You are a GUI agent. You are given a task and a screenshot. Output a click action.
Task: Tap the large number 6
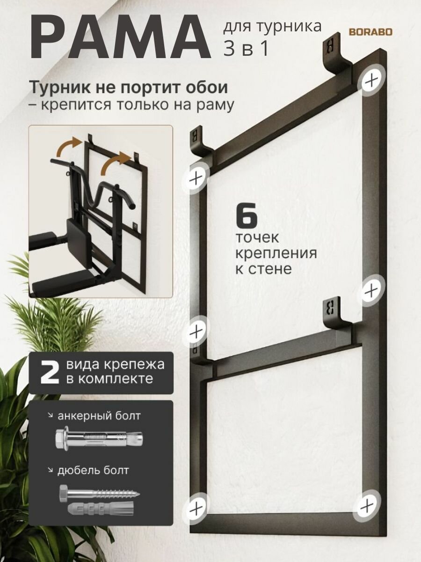pyautogui.click(x=247, y=216)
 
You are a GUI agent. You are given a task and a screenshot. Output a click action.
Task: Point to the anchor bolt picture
pyautogui.click(x=98, y=439)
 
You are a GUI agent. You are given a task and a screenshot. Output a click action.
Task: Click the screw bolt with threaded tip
pyautogui.click(x=99, y=493)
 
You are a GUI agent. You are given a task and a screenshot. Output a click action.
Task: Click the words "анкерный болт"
pyautogui.click(x=99, y=416)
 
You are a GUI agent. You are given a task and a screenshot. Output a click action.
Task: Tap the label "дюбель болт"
pyautogui.click(x=93, y=470)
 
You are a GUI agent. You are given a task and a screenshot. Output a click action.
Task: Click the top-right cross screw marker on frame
pyautogui.click(x=372, y=80)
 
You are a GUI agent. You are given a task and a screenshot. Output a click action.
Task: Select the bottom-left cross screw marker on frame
pyautogui.click(x=196, y=508)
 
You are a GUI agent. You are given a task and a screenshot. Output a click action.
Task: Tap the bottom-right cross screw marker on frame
pyautogui.click(x=368, y=506)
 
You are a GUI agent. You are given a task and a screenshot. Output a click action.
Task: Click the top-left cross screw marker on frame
pyautogui.click(x=197, y=177)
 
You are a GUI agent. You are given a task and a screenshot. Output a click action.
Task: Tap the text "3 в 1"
pyautogui.click(x=247, y=49)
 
